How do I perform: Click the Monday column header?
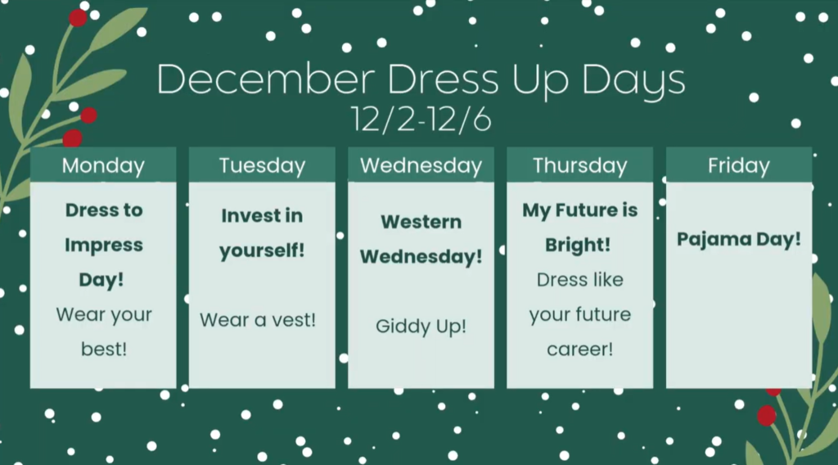point(103,165)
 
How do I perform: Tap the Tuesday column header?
point(262,165)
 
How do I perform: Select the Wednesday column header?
point(421,165)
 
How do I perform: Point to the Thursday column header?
point(579,165)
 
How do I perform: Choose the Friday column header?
point(738,165)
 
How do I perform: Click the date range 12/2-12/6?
point(421,120)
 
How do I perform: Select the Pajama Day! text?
point(738,239)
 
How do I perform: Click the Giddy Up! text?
point(421,327)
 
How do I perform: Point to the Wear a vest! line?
point(258,319)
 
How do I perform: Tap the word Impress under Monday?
point(104,245)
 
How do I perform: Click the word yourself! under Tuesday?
point(262,251)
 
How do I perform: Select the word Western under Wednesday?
point(421,222)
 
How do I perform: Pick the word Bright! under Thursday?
point(579,245)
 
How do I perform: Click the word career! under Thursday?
point(579,350)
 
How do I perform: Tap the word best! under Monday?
point(104,350)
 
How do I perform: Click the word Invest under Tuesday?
point(250,215)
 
